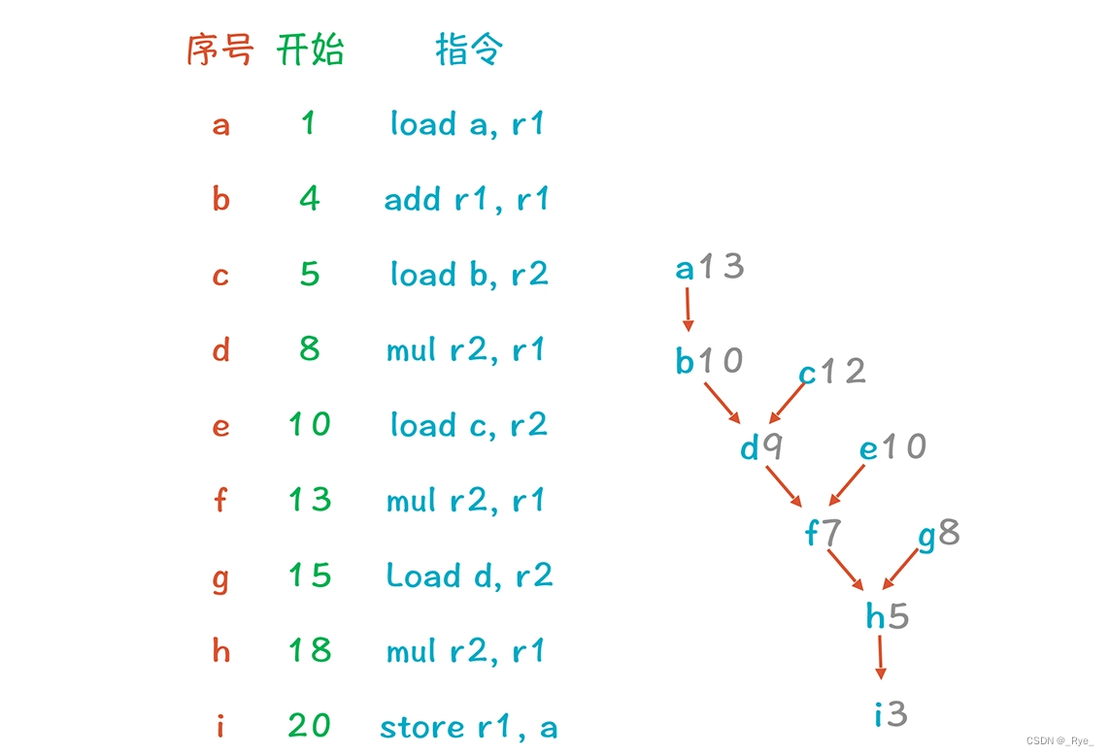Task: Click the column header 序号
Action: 219,49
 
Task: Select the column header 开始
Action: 310,49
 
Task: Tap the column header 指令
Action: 469,49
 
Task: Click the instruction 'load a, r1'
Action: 467,124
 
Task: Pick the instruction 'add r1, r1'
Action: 467,200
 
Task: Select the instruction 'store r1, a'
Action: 468,727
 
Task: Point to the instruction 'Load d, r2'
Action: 469,575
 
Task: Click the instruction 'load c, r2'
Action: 469,425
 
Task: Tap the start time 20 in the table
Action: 310,726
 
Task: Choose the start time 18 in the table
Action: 310,650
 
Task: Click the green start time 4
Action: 310,200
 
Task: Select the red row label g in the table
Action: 220,577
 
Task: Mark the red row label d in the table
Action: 220,349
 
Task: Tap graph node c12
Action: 831,372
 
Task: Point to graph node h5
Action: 888,616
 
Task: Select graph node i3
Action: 891,715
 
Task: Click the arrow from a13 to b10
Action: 688,311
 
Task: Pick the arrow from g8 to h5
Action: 900,570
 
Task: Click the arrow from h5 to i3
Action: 881,657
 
